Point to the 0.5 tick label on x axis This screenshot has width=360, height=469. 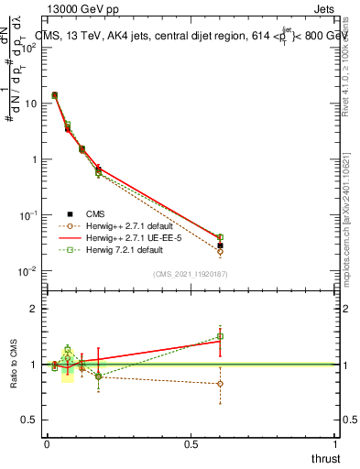tap(191, 444)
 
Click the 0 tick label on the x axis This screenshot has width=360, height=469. tap(47, 444)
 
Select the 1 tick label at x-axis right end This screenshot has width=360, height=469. tap(335, 444)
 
